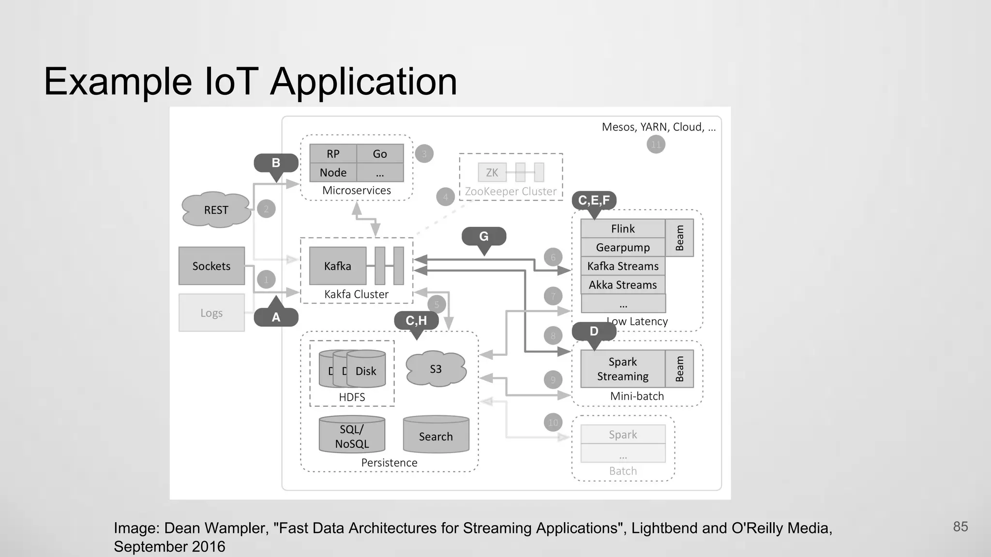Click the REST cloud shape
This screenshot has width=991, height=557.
[x=216, y=210]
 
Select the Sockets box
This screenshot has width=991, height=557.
[x=211, y=266]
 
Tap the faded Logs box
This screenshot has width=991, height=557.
[x=211, y=313]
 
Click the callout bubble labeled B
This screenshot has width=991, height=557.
[x=276, y=163]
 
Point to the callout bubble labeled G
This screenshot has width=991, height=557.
[x=484, y=236]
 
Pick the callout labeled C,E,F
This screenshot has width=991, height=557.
[x=594, y=200]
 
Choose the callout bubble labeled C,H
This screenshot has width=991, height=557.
[x=416, y=321]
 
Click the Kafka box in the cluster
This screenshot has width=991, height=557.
[x=338, y=266]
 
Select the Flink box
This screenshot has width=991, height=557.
[x=623, y=229]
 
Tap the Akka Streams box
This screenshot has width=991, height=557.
[x=623, y=285]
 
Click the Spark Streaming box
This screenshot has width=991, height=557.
[x=623, y=369]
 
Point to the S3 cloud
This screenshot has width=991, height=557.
[x=435, y=369]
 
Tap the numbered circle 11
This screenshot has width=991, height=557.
[x=656, y=145]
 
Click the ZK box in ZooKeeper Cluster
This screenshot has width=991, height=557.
[x=492, y=173]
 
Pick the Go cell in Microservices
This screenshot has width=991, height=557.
[x=380, y=154]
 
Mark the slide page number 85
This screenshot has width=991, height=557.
[x=960, y=527]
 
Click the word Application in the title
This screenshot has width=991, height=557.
[x=363, y=81]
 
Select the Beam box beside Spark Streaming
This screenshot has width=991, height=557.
[x=679, y=369]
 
